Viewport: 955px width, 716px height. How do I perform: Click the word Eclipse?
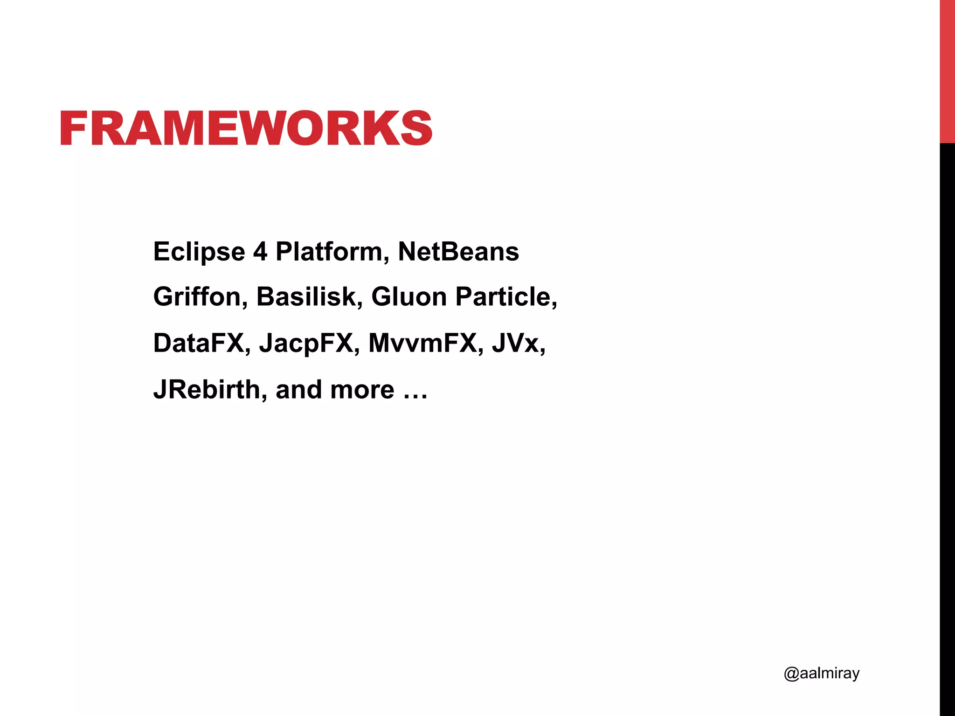click(199, 252)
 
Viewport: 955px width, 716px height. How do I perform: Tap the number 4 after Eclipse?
click(260, 252)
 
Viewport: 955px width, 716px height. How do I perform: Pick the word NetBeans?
click(458, 252)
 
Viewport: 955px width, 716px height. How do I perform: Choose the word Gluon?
click(409, 297)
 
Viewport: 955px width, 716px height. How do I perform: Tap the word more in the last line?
click(362, 390)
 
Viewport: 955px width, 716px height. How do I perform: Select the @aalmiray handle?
click(822, 673)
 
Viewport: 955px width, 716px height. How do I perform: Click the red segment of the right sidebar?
click(947, 71)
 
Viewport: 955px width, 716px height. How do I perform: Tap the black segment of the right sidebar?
click(947, 429)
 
